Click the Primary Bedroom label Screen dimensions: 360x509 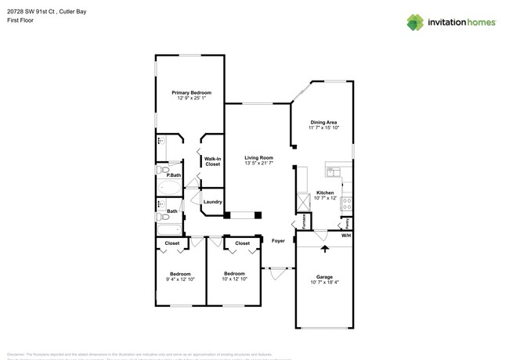192,92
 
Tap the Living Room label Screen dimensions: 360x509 258,158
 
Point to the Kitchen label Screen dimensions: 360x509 325,193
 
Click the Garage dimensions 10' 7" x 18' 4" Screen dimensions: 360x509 324,282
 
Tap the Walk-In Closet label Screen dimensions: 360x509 212,162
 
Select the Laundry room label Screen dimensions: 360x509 212,203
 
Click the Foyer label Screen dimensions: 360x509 278,241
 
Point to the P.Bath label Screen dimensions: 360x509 163,175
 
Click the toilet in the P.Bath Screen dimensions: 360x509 162,168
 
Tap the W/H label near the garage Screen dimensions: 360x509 345,235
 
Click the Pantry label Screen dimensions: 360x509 348,222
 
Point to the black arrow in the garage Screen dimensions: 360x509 325,249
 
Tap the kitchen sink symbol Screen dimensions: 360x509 332,171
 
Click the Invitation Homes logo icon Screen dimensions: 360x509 415,22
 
